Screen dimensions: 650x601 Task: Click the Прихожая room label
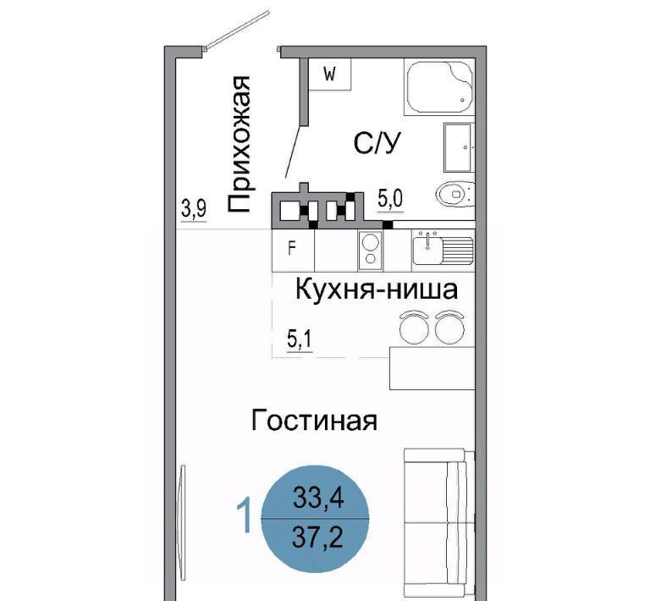[239, 145]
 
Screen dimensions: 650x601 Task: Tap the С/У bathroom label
[377, 143]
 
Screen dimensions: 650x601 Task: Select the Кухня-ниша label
[377, 289]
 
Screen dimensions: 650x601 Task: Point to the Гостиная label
[314, 421]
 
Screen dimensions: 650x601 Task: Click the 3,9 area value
[194, 208]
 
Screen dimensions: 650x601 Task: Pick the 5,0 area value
[390, 199]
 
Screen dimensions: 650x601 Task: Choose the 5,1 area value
[300, 340]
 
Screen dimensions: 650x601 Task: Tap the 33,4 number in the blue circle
[318, 498]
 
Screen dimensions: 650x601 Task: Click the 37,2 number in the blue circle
[317, 538]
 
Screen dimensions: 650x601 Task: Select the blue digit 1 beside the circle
[244, 516]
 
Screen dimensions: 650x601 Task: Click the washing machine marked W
[330, 74]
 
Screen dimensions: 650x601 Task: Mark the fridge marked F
[293, 250]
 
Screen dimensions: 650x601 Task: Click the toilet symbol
[455, 194]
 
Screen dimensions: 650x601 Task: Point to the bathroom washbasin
[459, 147]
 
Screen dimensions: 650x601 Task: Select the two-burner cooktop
[371, 250]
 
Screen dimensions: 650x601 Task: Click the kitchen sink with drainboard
[443, 248]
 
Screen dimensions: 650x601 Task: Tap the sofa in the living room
[439, 523]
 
